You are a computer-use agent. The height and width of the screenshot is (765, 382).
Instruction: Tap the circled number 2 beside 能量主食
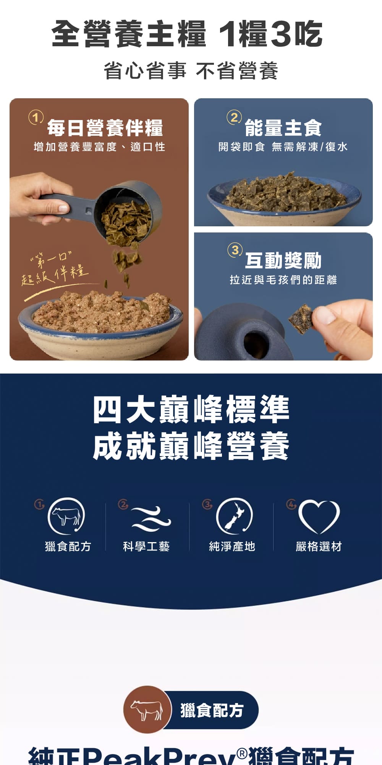[x=234, y=117]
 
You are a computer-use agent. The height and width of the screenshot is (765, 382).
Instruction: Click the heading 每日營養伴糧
[x=105, y=128]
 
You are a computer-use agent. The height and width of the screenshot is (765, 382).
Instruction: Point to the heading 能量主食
[x=283, y=128]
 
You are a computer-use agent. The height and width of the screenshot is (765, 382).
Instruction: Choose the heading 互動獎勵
[x=283, y=261]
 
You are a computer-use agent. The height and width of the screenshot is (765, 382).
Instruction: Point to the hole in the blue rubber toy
[x=253, y=341]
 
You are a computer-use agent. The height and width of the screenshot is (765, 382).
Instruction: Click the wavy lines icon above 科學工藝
[x=151, y=518]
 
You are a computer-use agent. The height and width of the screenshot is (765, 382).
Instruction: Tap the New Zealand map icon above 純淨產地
[x=234, y=516]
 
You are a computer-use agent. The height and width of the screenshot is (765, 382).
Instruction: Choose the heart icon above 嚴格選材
[x=319, y=516]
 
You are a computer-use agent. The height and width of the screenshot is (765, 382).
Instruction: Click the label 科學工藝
[x=146, y=547]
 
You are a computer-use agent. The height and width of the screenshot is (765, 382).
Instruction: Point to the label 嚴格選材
[x=319, y=547]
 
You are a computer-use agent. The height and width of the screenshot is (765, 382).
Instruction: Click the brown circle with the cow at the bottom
[x=147, y=709]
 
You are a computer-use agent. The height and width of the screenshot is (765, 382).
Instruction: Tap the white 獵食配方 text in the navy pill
[x=212, y=710]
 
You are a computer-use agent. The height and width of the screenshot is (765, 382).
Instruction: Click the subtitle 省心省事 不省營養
[x=191, y=71]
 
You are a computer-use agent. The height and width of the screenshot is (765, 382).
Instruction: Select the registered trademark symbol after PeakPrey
[x=241, y=753]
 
